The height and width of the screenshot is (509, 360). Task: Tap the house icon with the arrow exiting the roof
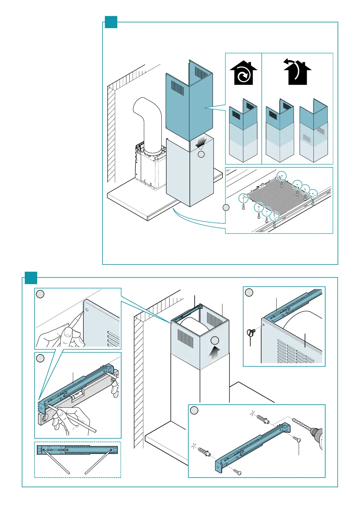[x=297, y=72]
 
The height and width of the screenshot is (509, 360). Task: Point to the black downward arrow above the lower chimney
[x=201, y=141]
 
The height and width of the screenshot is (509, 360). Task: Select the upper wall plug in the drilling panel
[x=262, y=420]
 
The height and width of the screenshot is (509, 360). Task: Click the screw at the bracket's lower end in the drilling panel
[x=237, y=472]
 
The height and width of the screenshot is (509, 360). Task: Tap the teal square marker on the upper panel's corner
[x=111, y=22]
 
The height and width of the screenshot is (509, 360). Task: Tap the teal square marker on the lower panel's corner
[x=31, y=278]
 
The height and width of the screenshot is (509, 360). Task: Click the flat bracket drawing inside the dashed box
[x=77, y=450]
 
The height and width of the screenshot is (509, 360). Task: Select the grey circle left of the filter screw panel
[x=226, y=208]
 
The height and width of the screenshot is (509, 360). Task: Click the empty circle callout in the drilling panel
[x=194, y=410]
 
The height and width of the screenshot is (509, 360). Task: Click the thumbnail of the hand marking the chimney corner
[x=78, y=319]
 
